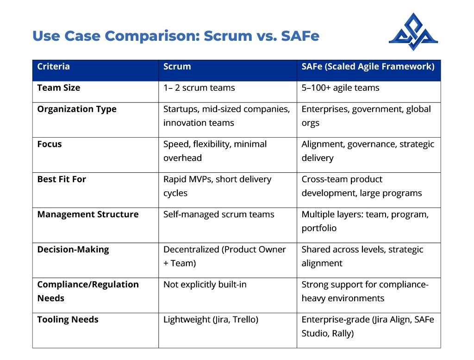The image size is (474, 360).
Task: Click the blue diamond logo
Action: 413,32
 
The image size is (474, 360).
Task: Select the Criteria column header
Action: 54,66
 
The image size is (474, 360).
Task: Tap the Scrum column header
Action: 177,66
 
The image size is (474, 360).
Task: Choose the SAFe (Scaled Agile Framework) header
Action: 368,67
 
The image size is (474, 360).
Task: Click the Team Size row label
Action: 59,88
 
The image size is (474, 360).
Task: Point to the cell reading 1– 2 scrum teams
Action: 199,88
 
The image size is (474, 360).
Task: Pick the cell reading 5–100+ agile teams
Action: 340,88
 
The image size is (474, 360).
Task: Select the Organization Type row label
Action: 77,109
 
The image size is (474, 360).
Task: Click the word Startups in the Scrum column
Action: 181,109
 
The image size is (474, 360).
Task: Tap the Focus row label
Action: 49,144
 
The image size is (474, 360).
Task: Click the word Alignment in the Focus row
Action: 323,144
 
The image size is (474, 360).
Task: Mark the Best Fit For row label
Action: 62,179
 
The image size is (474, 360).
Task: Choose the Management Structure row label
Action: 88,214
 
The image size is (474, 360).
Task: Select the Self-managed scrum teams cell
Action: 219,215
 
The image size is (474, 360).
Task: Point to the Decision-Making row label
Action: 73,250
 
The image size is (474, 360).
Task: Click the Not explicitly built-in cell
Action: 205,284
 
